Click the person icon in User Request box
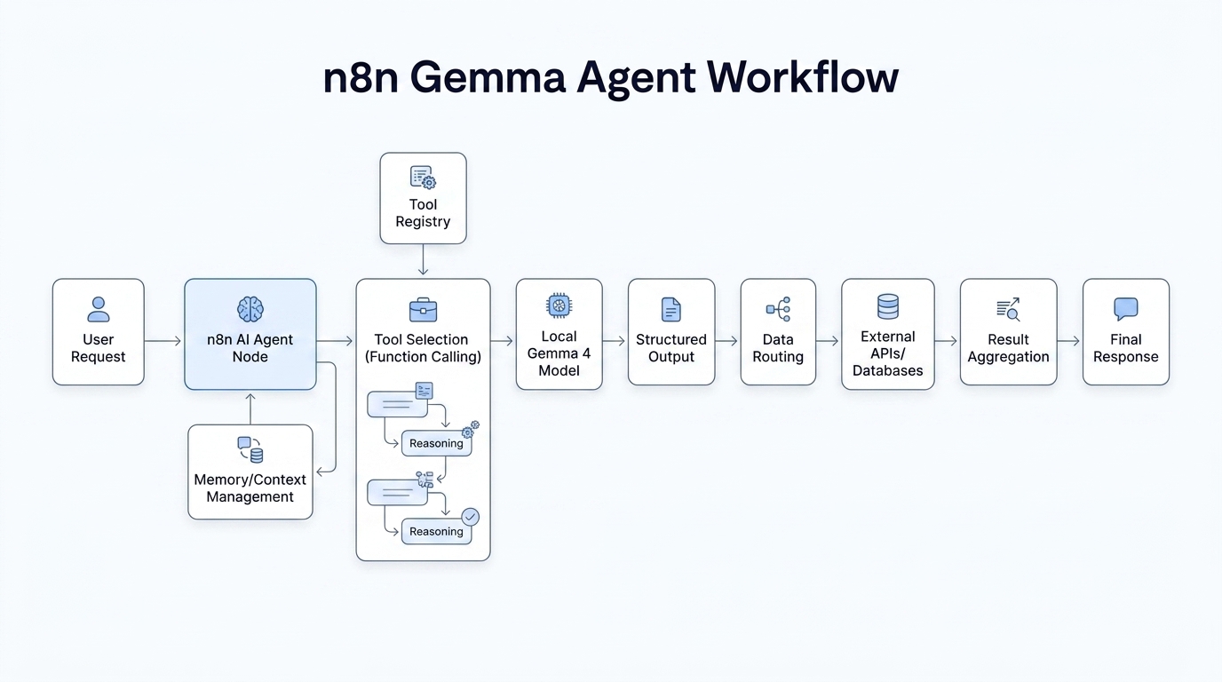click(99, 309)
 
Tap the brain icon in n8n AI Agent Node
click(250, 309)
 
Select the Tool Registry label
click(423, 213)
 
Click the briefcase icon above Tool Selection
click(423, 310)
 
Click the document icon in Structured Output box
click(671, 309)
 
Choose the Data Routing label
click(778, 348)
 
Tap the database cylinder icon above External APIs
click(888, 306)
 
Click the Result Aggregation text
click(1008, 348)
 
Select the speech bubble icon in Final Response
click(1125, 309)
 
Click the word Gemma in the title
click(488, 77)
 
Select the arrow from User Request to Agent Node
click(163, 341)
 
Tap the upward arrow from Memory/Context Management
click(250, 408)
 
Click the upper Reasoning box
click(436, 443)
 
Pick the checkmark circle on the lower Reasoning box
click(471, 516)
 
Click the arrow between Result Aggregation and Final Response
click(1069, 341)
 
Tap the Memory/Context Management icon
click(250, 449)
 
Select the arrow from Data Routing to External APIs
click(828, 341)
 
